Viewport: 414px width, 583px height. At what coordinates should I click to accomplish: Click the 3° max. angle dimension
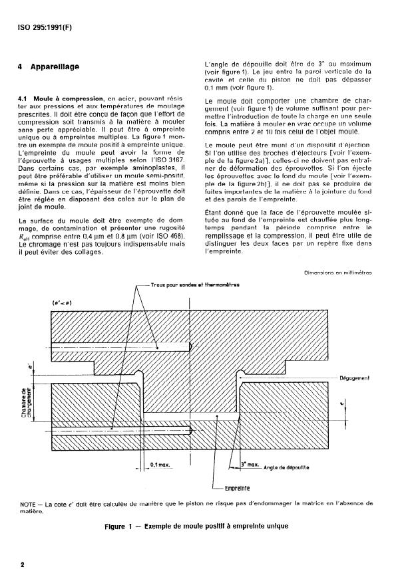[x=248, y=464]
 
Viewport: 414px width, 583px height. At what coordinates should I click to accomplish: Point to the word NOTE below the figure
[x=27, y=504]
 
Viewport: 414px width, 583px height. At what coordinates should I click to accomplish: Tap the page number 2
[x=23, y=565]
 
